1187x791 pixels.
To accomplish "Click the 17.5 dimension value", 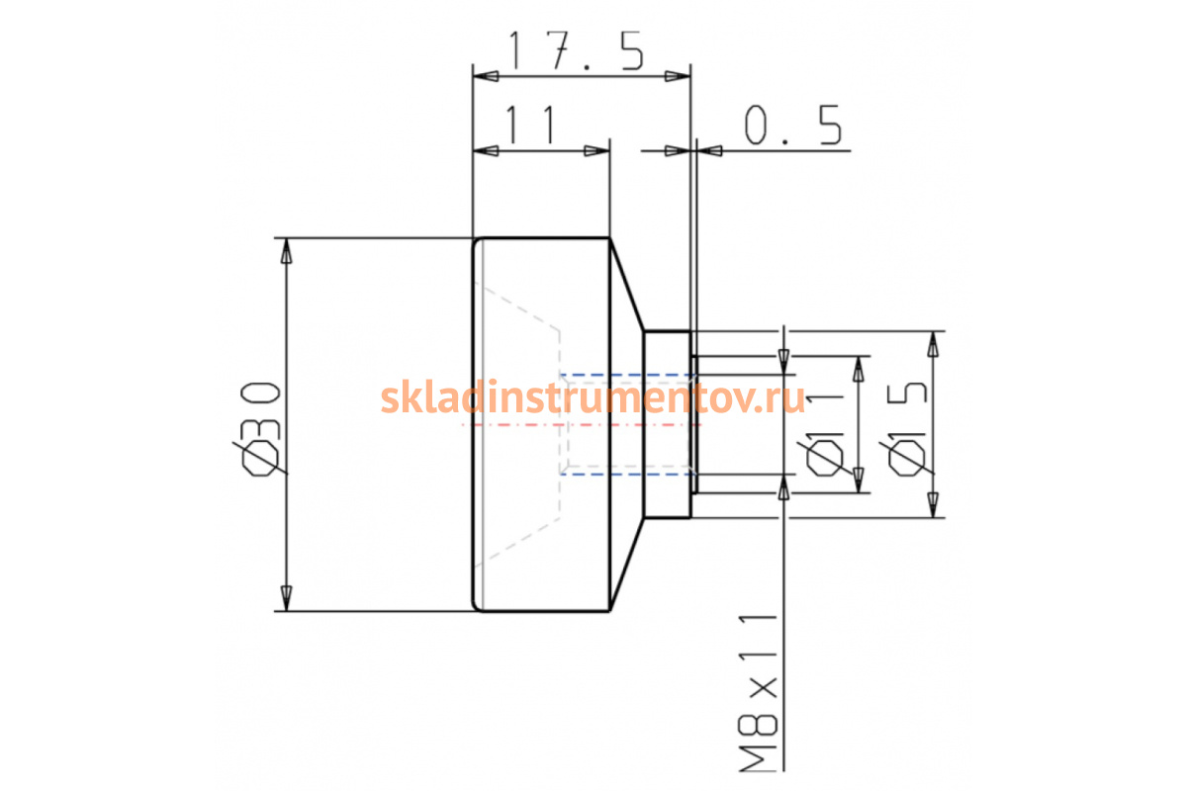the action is tap(577, 50).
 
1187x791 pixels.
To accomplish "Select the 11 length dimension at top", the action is tap(531, 125).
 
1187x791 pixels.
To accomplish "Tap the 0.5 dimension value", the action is tap(793, 125).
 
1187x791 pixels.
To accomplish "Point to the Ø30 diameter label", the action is tap(260, 428).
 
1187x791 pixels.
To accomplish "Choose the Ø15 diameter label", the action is tap(907, 428).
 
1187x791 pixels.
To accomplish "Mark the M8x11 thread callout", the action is tap(759, 693).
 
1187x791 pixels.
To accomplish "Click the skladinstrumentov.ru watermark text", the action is tap(593, 396).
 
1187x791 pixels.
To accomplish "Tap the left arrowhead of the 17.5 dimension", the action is tap(486, 76).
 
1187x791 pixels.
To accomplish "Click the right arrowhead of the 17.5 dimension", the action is tap(678, 76).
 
